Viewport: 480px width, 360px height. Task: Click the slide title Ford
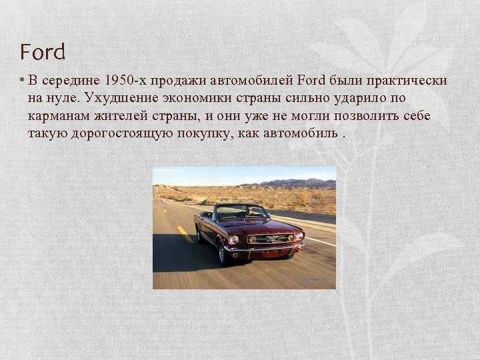pyautogui.click(x=43, y=52)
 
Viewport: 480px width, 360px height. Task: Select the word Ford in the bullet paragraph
pyautogui.click(x=311, y=81)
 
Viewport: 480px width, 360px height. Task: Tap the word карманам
pyautogui.click(x=57, y=116)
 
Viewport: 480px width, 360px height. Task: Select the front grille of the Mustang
pyautogui.click(x=271, y=238)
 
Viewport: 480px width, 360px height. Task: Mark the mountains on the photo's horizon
pyautogui.click(x=293, y=183)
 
